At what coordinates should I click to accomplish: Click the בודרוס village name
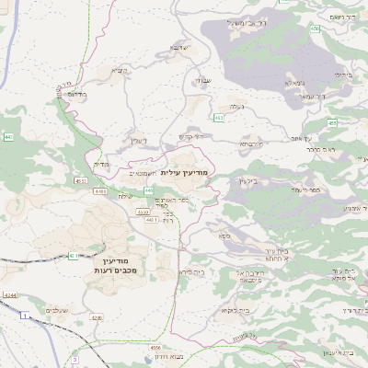(x=77, y=94)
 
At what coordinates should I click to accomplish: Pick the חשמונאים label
(x=141, y=172)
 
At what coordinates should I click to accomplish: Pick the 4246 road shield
(x=96, y=318)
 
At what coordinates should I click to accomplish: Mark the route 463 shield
(x=218, y=118)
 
